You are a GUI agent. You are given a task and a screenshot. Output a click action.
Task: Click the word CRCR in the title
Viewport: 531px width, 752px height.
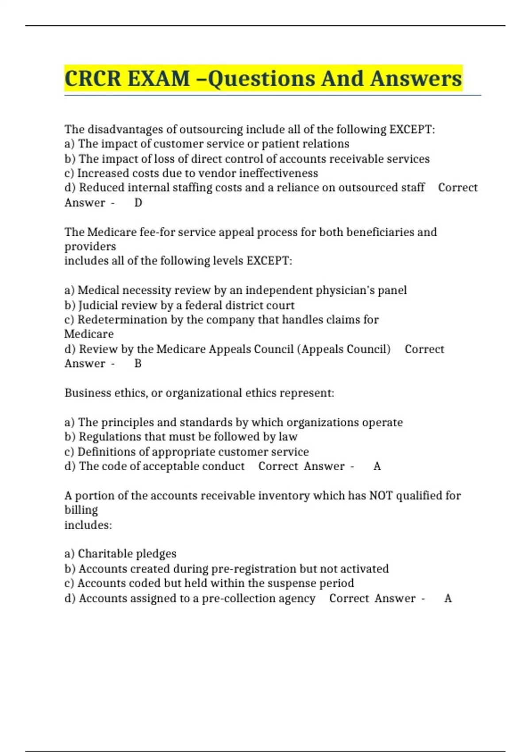[92, 78]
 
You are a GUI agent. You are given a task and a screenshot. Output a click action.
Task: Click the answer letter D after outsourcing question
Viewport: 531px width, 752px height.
[138, 203]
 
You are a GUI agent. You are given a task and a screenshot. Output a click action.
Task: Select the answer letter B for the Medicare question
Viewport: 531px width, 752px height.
[138, 364]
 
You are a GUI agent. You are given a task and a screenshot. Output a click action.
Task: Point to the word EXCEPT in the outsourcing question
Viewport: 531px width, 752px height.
[411, 129]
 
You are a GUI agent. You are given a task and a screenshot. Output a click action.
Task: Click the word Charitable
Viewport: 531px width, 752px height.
[105, 554]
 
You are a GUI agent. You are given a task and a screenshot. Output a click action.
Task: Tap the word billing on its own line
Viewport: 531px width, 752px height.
[81, 510]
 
